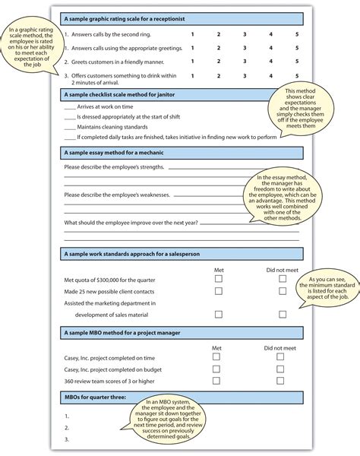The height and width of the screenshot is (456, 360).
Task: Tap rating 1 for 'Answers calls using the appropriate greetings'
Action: pos(193,48)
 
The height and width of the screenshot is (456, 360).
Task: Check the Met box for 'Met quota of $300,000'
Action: pos(218,279)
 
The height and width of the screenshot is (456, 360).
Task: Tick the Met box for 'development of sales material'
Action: pos(218,314)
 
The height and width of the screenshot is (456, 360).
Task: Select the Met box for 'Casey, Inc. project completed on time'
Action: pos(218,356)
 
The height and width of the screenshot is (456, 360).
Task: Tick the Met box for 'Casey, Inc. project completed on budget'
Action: pos(218,368)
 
